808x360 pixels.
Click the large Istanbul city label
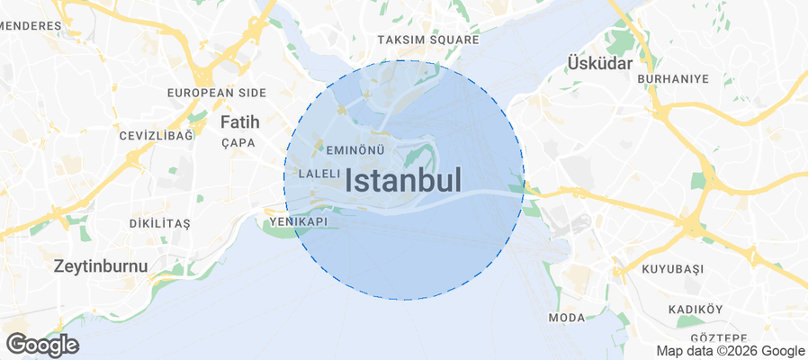[403, 180]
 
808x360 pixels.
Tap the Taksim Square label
[426, 40]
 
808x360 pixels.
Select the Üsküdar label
[600, 63]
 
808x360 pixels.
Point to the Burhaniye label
[673, 79]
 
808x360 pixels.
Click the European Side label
[216, 93]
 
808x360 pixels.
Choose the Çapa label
[238, 142]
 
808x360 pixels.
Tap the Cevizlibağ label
[156, 136]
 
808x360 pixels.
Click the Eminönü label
[356, 149]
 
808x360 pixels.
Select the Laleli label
[319, 173]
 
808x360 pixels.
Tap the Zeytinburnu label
[100, 265]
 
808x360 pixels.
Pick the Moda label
[566, 318]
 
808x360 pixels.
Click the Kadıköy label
[696, 310]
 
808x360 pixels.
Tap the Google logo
[42, 344]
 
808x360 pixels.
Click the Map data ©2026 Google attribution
[730, 351]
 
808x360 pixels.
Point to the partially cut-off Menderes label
[29, 26]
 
